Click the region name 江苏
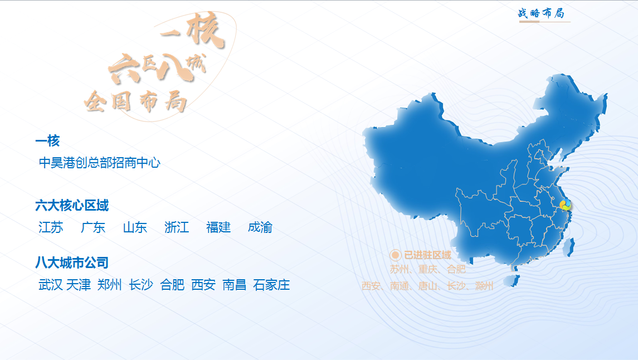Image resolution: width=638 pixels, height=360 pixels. coord(51,227)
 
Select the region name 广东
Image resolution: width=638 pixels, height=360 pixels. coord(93,227)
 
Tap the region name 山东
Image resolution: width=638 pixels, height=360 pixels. coord(135,227)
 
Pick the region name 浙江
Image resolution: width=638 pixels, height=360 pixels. coord(177,227)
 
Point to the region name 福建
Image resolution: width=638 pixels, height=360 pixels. coord(218,227)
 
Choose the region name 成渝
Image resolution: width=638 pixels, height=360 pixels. coord(260,227)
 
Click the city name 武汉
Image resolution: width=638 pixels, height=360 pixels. coord(51,285)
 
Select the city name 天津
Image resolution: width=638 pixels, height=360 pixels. coord(79,285)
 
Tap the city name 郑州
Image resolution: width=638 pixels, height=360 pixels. coord(110,285)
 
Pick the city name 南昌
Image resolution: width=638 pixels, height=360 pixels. coord(235,285)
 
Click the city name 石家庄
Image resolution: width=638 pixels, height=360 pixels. coord(271,285)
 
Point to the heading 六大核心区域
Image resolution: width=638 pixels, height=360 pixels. coord(72,206)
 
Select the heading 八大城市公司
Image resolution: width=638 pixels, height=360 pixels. coord(72,263)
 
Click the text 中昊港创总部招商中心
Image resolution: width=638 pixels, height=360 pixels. coord(100,163)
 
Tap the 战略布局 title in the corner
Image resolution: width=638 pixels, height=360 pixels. coord(541,13)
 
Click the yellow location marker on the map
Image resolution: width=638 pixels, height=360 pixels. coord(565,205)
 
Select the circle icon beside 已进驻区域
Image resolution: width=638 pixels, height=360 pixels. coord(395,255)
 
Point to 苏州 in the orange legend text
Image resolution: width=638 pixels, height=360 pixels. coord(399,269)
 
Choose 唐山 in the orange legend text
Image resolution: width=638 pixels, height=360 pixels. coord(427,286)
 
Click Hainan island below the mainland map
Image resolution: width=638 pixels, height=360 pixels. coord(512,280)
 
